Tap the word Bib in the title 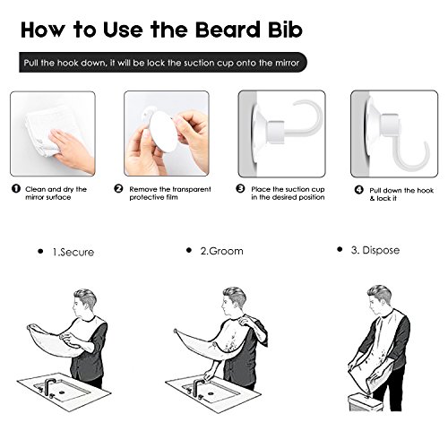[x=286, y=30]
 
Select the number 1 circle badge [x=16, y=188]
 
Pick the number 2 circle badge [x=118, y=188]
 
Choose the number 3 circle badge [x=240, y=188]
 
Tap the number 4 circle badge [x=358, y=190]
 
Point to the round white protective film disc [x=163, y=132]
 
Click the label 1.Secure [x=73, y=252]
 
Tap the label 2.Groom [x=221, y=251]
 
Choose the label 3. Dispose [x=375, y=250]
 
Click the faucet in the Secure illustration [x=48, y=387]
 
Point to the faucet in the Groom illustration [x=197, y=387]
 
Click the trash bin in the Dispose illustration [x=365, y=401]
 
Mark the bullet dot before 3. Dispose [x=340, y=249]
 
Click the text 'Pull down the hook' [x=401, y=191]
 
